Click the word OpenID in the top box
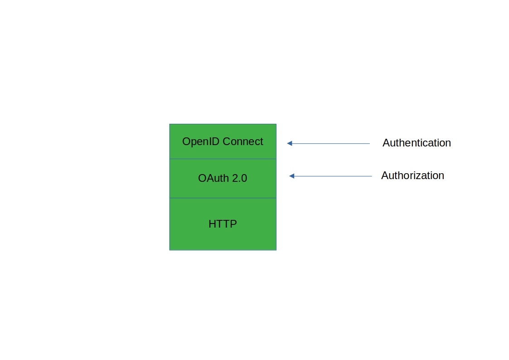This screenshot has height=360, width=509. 201,142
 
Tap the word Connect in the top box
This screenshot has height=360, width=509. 243,141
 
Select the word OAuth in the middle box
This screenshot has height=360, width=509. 213,178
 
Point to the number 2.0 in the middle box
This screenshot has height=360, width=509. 240,178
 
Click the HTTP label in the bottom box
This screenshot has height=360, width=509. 223,224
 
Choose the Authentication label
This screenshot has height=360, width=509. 417,143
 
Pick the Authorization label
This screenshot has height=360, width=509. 412,175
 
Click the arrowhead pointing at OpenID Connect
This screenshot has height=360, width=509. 290,143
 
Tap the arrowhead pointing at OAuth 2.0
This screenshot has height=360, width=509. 291,176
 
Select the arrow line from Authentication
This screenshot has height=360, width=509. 329,143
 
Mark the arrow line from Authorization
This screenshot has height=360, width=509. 330,176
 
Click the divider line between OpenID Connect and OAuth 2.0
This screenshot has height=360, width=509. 223,159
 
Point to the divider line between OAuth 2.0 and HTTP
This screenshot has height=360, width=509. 223,198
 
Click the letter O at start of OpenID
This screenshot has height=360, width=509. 186,141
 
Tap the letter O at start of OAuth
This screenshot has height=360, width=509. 202,178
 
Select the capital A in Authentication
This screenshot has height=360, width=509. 386,143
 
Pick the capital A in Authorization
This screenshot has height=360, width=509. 385,175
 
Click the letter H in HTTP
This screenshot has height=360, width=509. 212,224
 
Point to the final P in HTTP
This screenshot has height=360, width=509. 233,224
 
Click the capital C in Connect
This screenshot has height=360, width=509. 227,141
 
